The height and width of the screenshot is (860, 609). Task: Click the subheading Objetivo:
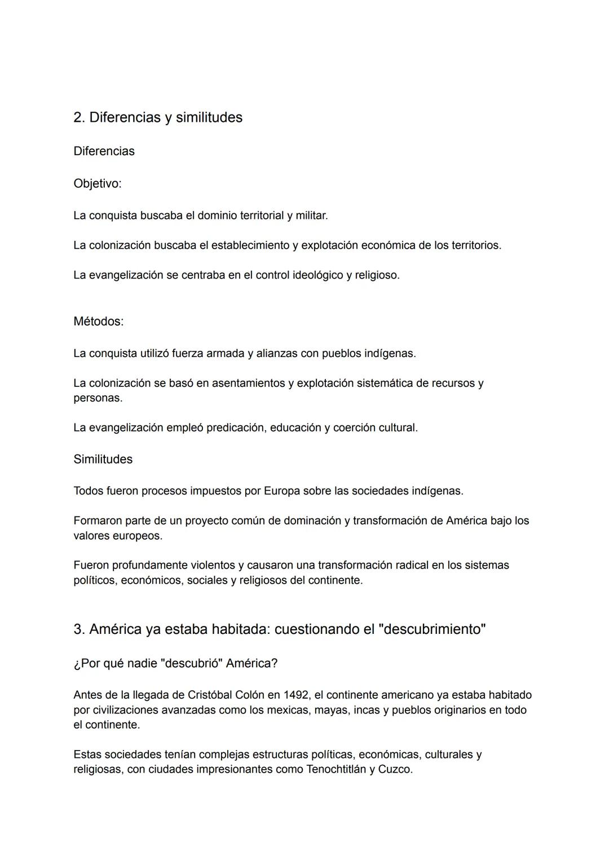pos(98,184)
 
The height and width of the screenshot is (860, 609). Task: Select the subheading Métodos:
pos(99,321)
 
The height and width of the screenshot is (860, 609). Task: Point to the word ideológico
pos(315,275)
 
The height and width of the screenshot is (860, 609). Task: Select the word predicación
pos(236,427)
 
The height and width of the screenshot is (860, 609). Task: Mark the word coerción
pos(355,427)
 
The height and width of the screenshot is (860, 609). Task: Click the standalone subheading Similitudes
pos(103,459)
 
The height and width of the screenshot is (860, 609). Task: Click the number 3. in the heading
pos(79,629)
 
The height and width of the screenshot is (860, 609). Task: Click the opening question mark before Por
pos(77,664)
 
